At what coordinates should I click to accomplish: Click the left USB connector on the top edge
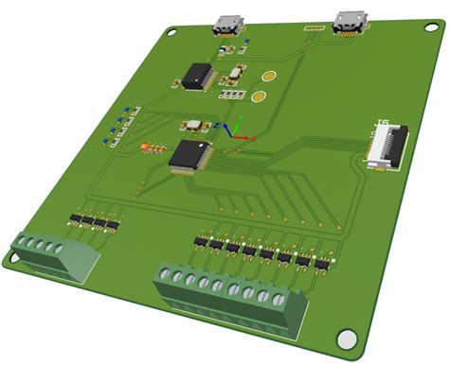[228, 26]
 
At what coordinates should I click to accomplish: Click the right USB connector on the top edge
[349, 22]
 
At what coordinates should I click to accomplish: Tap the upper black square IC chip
[198, 76]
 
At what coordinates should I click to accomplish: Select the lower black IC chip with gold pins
[191, 155]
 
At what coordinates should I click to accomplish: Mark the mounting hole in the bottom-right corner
[348, 337]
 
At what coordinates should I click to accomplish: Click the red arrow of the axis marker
[248, 138]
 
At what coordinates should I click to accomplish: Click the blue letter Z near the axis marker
[218, 123]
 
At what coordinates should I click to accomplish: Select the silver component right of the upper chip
[234, 72]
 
